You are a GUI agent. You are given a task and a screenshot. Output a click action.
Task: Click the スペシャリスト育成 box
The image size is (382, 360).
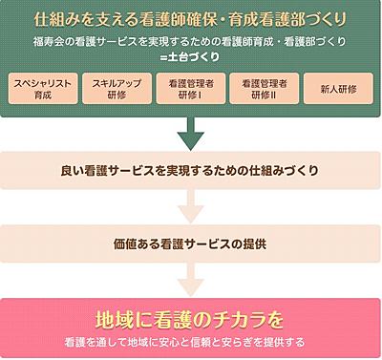[x=41, y=88]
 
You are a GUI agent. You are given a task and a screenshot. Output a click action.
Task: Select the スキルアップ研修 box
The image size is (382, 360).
[x=116, y=88]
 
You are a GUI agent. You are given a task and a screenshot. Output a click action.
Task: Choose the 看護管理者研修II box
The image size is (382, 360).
[x=264, y=88]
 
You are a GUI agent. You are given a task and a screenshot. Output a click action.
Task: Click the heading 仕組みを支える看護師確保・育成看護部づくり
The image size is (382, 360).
[x=190, y=19]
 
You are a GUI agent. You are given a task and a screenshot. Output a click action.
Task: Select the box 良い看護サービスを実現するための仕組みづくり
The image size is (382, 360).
[x=190, y=172]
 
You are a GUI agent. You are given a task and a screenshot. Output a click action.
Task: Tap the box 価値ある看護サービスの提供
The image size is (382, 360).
[x=190, y=244]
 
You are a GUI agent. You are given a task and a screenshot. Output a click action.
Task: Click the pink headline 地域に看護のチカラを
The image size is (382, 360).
[x=190, y=318]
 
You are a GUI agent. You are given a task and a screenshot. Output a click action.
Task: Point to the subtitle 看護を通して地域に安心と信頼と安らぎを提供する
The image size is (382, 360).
[x=190, y=340]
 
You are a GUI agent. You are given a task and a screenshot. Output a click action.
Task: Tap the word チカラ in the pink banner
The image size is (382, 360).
[x=229, y=318]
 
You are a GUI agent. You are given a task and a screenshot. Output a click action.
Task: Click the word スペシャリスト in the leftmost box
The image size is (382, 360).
[x=41, y=82]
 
